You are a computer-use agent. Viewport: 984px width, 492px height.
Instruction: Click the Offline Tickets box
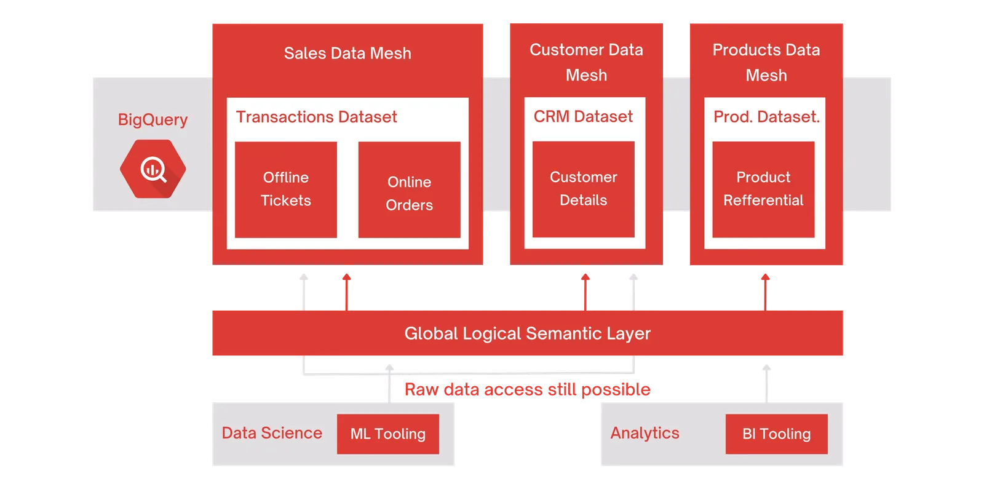point(286,189)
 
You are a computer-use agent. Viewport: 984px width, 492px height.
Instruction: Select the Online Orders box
point(410,189)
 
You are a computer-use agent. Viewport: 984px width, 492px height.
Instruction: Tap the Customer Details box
point(584,189)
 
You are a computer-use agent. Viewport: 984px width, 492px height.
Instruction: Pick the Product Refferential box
point(763,189)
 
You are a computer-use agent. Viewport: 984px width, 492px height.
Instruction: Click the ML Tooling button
point(388,434)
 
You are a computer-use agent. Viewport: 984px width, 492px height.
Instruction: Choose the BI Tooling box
point(777,434)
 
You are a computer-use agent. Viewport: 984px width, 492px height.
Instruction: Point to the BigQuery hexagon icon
point(153,169)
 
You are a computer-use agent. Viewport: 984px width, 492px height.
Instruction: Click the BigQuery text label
point(153,119)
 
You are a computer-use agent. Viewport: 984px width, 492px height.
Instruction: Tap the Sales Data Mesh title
point(347,53)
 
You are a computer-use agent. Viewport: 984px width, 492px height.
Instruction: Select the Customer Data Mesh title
point(587,62)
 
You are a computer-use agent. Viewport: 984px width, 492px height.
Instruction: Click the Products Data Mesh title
point(766,62)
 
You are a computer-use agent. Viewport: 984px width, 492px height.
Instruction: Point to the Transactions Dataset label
point(316,117)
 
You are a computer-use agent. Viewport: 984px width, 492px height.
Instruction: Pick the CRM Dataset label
point(583,116)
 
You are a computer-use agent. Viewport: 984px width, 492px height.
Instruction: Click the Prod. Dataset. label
point(766,117)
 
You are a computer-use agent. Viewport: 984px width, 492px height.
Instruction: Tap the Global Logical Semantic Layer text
point(528,333)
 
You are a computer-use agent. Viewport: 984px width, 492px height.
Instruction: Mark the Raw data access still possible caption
point(528,390)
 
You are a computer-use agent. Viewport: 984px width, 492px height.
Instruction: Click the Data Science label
point(272,433)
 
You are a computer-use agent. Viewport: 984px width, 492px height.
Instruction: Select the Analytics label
point(645,433)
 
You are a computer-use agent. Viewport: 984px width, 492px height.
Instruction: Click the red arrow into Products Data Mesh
point(765,292)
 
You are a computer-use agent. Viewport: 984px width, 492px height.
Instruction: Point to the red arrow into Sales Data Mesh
point(347,292)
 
